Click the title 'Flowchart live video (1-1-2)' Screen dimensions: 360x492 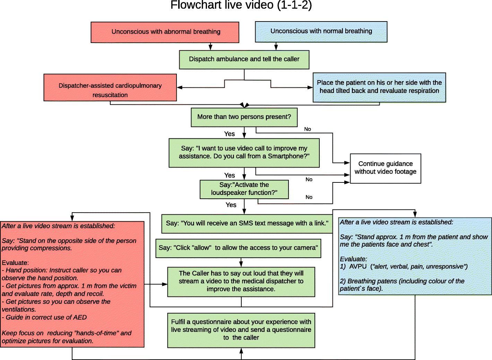pos(241,5)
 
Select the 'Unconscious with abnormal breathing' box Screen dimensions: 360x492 pos(165,32)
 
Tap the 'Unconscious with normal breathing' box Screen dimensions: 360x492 pos(321,31)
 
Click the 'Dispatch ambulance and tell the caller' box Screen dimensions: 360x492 pos(244,59)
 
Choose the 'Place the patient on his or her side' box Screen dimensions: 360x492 pos(379,87)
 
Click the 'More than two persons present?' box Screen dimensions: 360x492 pos(244,117)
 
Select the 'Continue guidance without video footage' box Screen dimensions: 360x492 pos(385,168)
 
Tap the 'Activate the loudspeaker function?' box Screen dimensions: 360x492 pos(244,189)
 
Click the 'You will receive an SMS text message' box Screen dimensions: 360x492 pos(247,223)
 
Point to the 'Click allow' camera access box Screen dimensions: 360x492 pos(238,248)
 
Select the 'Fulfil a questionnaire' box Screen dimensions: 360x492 pos(241,330)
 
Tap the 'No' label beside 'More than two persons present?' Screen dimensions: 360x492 pos(308,129)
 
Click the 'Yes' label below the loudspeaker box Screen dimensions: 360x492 pos(231,205)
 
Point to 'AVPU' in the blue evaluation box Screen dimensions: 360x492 pos(358,267)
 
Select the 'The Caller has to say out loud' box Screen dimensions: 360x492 pos(241,281)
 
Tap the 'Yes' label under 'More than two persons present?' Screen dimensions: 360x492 pos(229,134)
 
